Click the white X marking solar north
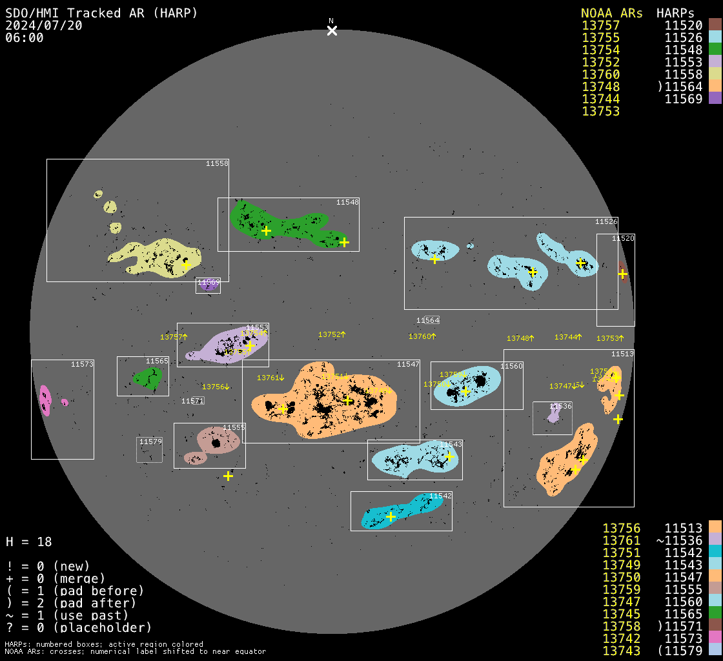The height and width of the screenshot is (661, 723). pyautogui.click(x=332, y=30)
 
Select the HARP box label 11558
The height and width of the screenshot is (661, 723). pyautogui.click(x=217, y=164)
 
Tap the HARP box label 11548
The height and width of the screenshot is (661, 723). pyautogui.click(x=347, y=203)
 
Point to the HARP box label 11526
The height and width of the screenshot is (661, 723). pyautogui.click(x=606, y=222)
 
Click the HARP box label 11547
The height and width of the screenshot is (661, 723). pyautogui.click(x=408, y=365)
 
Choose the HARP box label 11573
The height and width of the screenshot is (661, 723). pyautogui.click(x=82, y=365)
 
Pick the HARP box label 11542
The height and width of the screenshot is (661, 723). pyautogui.click(x=440, y=496)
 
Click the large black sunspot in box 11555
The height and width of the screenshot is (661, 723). pyautogui.click(x=216, y=443)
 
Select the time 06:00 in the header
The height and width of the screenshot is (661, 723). pyautogui.click(x=24, y=37)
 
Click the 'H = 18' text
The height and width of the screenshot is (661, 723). pyautogui.click(x=28, y=542)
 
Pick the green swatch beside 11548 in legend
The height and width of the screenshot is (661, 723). pyautogui.click(x=715, y=50)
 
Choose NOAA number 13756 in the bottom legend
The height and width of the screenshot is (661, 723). pyautogui.click(x=621, y=529)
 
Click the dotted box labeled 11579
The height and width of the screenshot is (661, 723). pyautogui.click(x=149, y=450)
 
